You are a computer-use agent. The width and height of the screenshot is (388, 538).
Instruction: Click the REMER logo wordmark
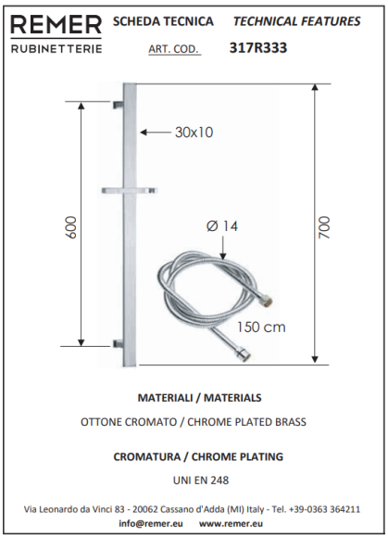(56, 25)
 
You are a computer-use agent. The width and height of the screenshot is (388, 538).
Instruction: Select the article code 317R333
(258, 47)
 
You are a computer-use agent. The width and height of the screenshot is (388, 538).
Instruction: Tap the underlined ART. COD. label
(173, 49)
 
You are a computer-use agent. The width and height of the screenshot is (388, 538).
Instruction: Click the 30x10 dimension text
(194, 132)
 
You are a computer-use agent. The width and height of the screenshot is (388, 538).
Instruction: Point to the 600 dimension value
(71, 227)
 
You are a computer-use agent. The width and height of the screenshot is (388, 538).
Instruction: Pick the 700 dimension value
(324, 227)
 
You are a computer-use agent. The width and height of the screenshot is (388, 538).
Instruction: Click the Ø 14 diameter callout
(222, 226)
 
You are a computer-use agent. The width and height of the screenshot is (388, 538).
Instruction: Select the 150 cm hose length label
(261, 327)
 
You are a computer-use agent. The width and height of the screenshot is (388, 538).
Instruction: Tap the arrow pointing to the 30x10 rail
(156, 132)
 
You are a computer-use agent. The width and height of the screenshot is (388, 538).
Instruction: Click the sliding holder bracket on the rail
(129, 190)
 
